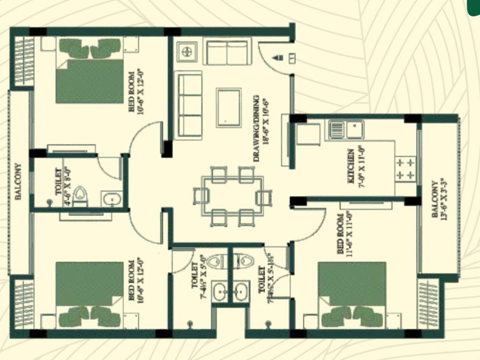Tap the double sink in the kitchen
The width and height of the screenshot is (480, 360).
[346, 129]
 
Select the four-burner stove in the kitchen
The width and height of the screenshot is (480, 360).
[406, 169]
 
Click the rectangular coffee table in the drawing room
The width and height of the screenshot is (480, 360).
[229, 107]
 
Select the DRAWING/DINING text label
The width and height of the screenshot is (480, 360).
[256, 128]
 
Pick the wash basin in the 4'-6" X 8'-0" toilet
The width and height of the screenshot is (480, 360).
[112, 200]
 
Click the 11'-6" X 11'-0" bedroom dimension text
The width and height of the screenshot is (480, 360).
[349, 233]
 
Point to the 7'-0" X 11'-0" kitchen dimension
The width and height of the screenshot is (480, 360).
[361, 166]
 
